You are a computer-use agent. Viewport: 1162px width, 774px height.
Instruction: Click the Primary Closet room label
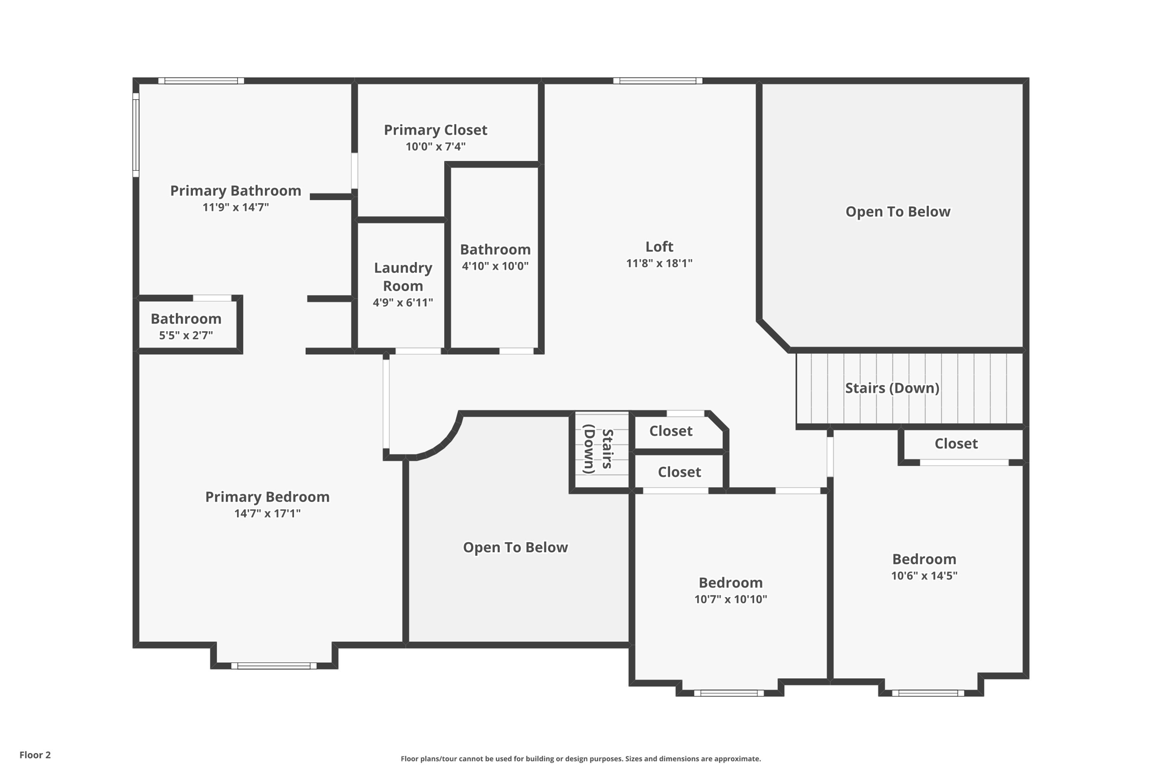(x=435, y=130)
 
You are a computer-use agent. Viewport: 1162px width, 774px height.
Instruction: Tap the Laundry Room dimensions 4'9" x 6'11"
(x=402, y=303)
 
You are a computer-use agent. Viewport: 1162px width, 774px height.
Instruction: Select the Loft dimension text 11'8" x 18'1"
(x=659, y=263)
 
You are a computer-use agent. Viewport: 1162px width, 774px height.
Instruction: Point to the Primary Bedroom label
(x=267, y=497)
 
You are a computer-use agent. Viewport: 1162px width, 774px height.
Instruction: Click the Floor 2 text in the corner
(x=35, y=755)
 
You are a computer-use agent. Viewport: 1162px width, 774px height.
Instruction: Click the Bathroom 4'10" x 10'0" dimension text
(x=495, y=266)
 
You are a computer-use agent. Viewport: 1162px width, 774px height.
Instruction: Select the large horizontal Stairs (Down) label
(x=892, y=388)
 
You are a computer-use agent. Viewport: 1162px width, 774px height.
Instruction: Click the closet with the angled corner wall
(x=671, y=431)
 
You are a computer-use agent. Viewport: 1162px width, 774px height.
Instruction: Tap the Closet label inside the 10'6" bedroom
(x=955, y=443)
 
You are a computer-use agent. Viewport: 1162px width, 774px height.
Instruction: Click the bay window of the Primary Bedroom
(x=273, y=666)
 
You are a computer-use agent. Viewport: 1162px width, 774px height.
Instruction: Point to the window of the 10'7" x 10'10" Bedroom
(x=729, y=693)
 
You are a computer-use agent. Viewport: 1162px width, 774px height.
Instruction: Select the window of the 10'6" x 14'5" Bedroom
(x=928, y=693)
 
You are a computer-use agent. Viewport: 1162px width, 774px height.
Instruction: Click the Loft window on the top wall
(x=658, y=81)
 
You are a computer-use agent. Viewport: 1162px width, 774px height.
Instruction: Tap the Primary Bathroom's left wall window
(x=136, y=134)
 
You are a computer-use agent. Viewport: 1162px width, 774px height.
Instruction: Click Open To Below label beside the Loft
(x=897, y=212)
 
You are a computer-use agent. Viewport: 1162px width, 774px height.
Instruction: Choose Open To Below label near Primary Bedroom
(x=515, y=547)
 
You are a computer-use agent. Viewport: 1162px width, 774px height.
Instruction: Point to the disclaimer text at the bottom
(x=580, y=759)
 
